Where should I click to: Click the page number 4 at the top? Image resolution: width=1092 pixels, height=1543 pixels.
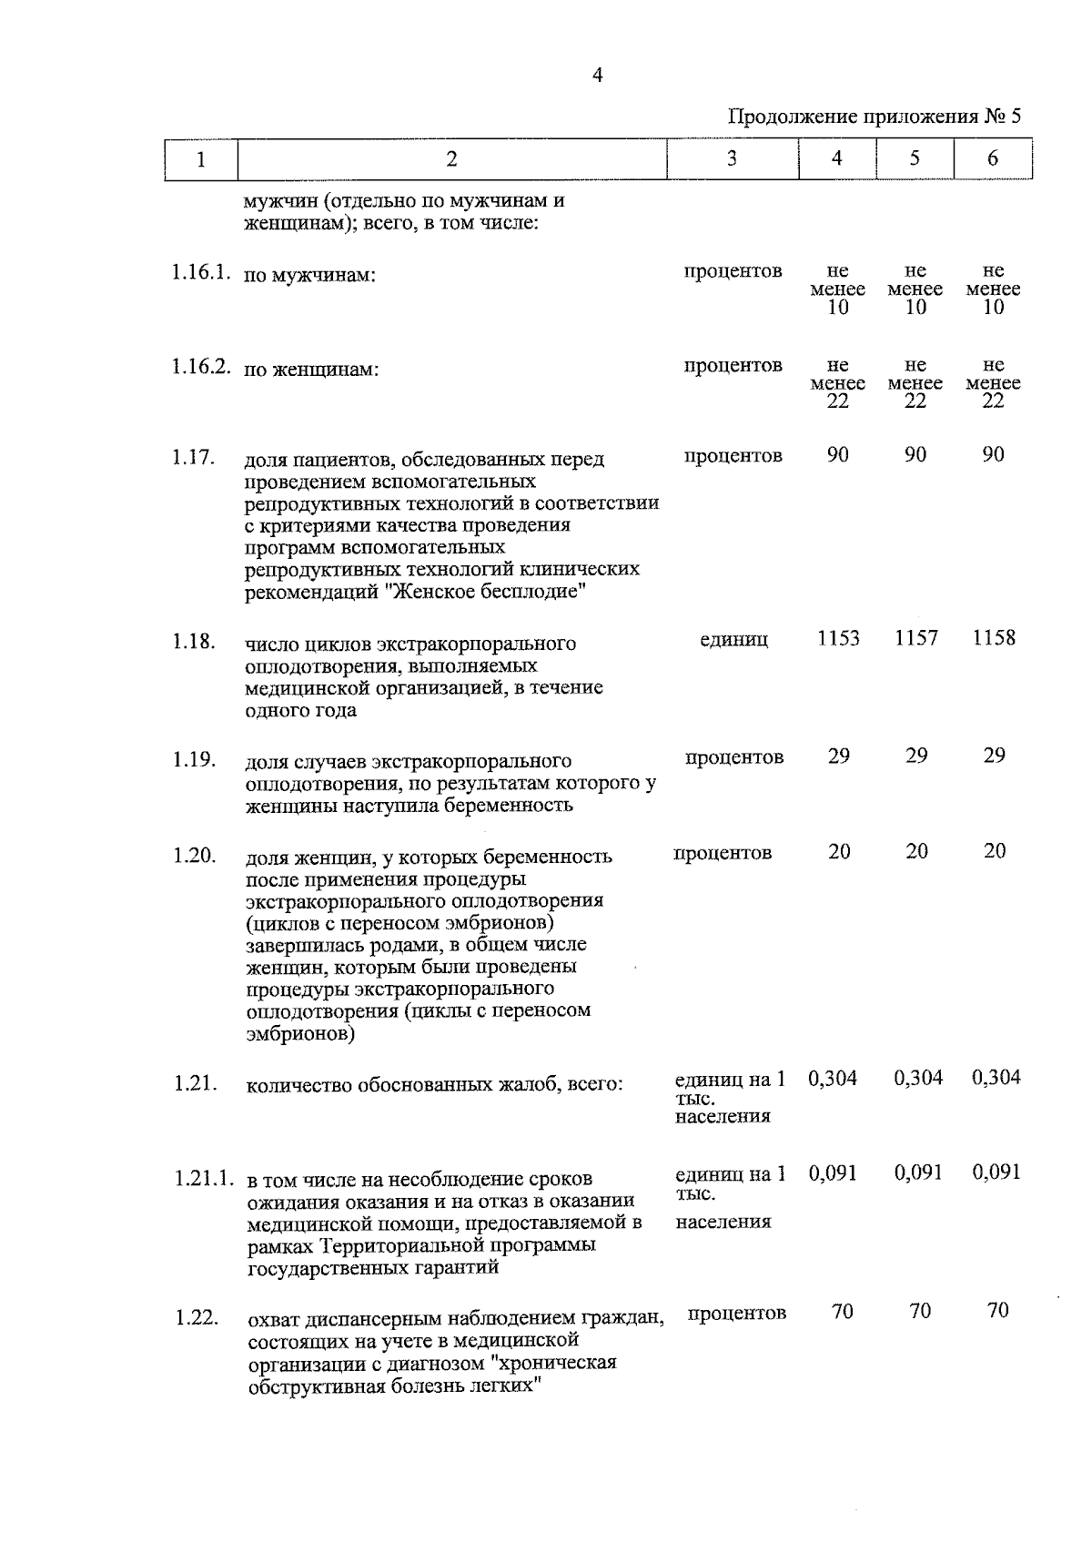[x=597, y=76]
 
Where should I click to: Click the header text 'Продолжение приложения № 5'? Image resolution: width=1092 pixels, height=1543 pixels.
[x=875, y=117]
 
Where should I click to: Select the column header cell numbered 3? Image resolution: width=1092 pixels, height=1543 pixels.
[x=732, y=158]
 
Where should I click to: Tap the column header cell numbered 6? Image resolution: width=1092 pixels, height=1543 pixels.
[x=992, y=158]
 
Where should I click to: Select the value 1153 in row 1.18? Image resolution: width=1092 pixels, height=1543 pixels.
[x=837, y=638]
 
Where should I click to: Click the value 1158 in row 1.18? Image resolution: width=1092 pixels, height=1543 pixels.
[x=993, y=638]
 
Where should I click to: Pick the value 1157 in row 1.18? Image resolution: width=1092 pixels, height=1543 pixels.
[x=915, y=638]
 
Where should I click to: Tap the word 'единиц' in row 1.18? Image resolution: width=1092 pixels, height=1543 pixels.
[x=733, y=640]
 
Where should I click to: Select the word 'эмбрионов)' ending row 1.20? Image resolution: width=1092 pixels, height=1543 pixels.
[x=300, y=1034]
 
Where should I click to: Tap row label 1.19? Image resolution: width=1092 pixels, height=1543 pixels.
[x=194, y=758]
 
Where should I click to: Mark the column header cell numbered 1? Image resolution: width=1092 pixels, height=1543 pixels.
[x=200, y=158]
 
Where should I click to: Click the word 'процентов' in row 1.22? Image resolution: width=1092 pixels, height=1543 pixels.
[x=737, y=1314]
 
